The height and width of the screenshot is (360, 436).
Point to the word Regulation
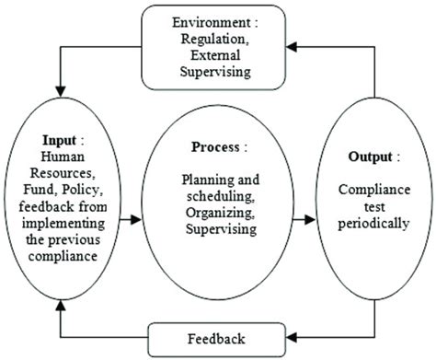click(220, 41)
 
